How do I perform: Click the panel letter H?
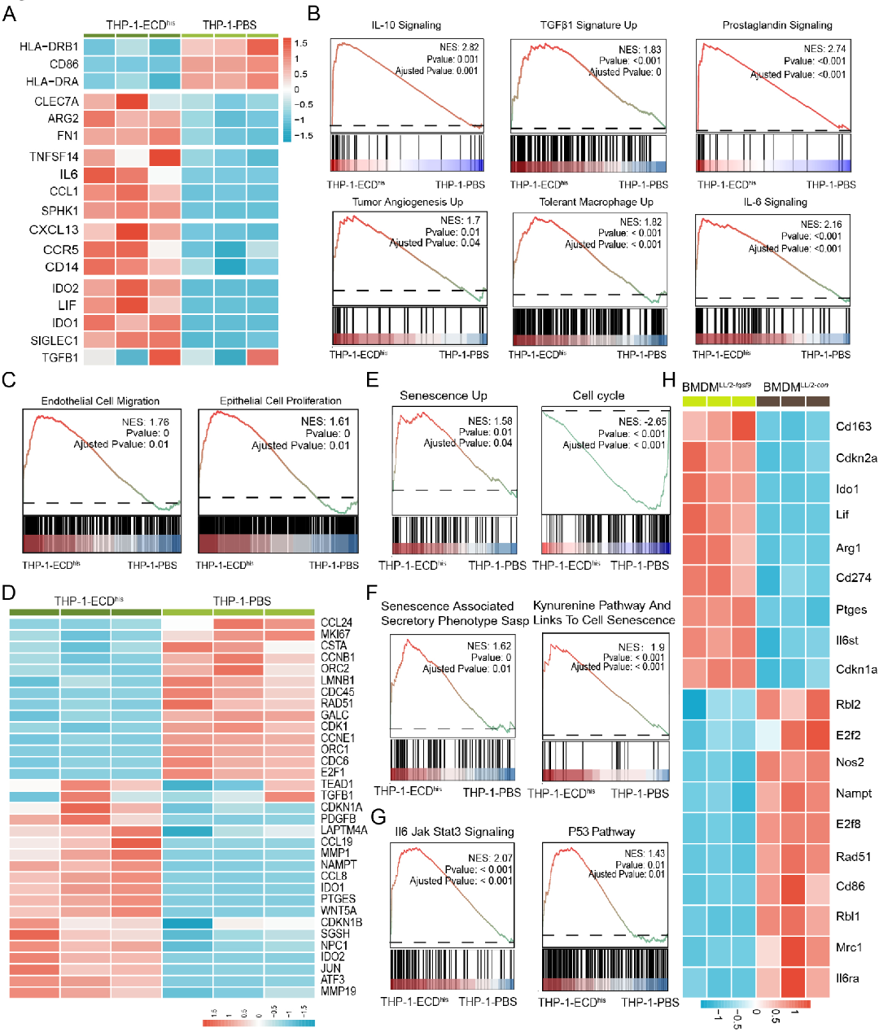point(670,380)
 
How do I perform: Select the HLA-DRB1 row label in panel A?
point(50,46)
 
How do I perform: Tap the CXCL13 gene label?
point(54,230)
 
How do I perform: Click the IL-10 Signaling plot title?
point(406,25)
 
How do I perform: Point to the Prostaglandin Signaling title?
point(777,25)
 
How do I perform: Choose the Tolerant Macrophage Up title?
point(596,202)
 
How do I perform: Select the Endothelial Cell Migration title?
point(100,400)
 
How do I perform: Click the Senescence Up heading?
point(444,396)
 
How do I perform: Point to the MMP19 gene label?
point(338,991)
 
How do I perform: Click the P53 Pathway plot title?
point(601,831)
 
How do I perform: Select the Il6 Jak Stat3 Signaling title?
point(454,831)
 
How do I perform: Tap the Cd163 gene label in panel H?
point(854,426)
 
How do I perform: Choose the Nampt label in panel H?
point(854,793)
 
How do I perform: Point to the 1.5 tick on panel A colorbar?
point(301,43)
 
